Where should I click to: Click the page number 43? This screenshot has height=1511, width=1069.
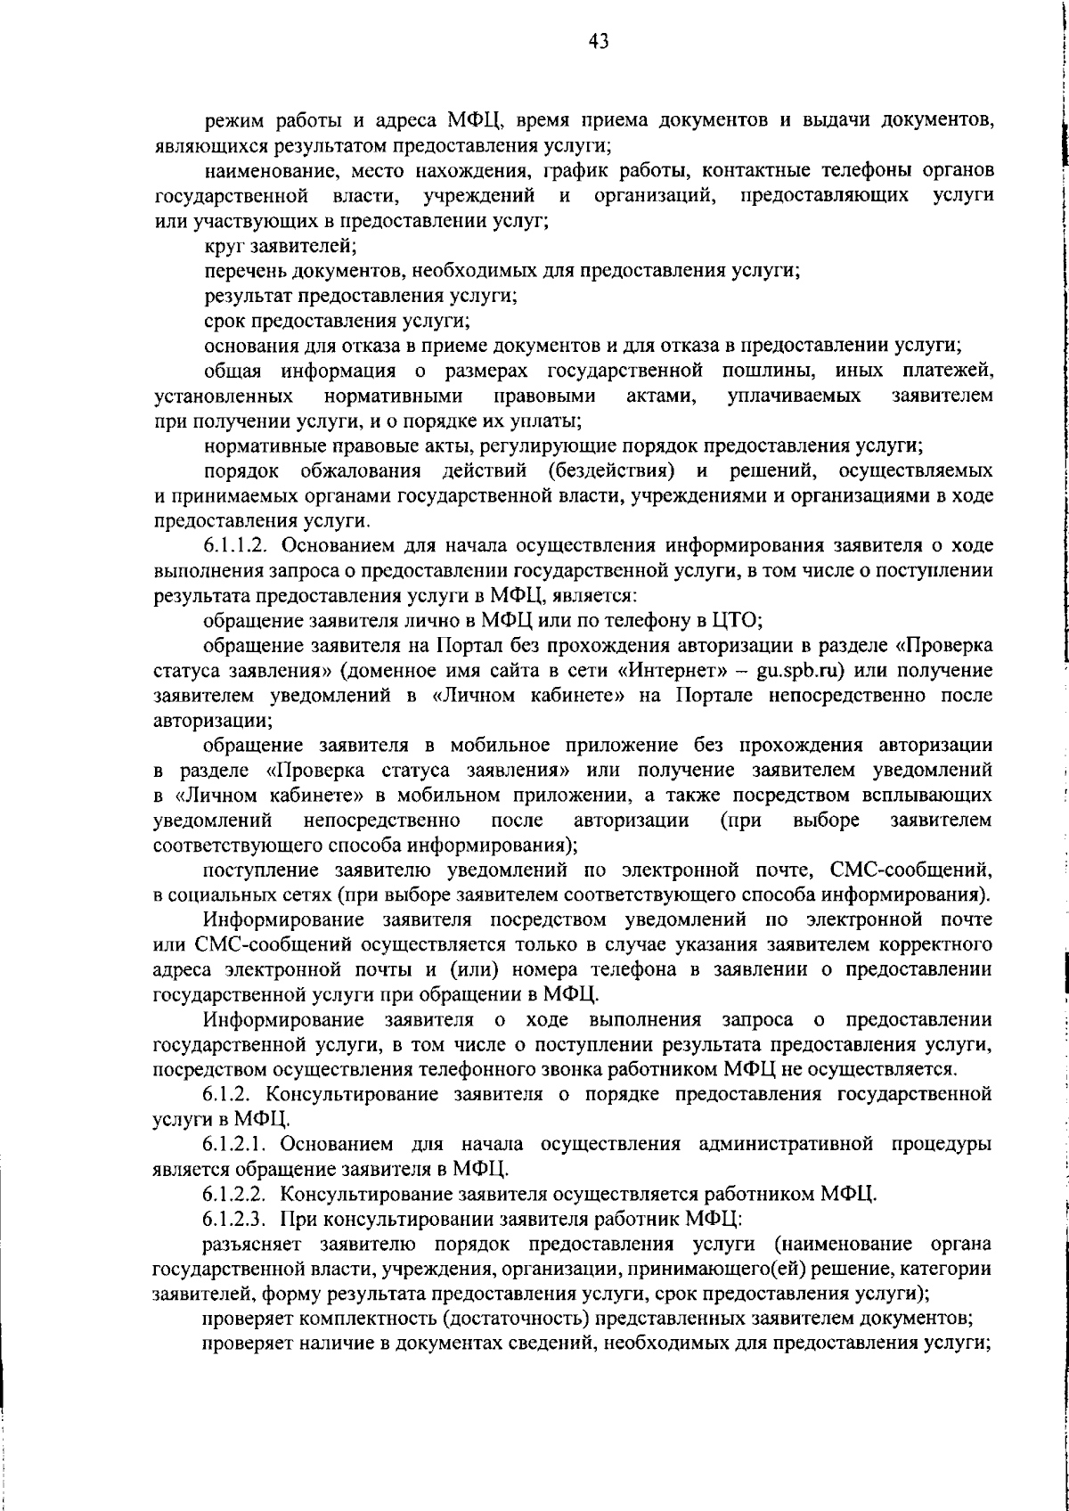[x=598, y=42]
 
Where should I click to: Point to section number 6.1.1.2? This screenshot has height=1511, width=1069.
[x=237, y=545]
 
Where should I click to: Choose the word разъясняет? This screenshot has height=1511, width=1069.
[x=249, y=1243]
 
